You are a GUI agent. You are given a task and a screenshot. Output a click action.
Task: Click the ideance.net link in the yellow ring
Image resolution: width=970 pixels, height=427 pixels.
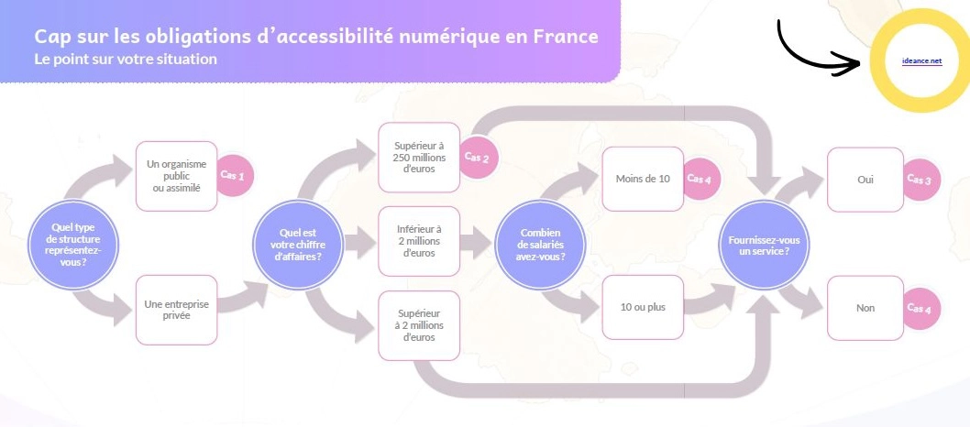[x=921, y=61]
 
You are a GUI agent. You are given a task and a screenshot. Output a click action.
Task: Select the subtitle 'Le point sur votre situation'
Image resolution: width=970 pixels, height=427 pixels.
[x=127, y=59]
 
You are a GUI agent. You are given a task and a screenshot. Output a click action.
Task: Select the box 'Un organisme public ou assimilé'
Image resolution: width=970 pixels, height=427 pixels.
[x=176, y=176]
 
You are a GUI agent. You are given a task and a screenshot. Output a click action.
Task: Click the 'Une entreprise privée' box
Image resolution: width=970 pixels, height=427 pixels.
[x=176, y=309]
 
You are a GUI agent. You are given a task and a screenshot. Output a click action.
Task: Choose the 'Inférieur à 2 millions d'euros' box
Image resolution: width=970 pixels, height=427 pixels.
[x=418, y=241]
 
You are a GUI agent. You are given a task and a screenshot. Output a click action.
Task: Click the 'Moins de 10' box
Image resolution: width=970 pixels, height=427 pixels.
[x=643, y=179]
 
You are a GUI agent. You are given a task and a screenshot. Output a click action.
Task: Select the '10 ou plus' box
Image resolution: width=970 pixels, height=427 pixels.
[x=643, y=307]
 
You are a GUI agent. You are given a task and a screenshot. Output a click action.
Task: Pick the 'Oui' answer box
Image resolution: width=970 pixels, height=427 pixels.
[x=865, y=180]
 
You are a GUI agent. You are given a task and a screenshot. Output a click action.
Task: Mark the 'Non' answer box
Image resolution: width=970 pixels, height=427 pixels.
[x=865, y=308]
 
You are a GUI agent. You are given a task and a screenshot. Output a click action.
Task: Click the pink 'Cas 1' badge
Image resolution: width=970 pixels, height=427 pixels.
[x=233, y=174]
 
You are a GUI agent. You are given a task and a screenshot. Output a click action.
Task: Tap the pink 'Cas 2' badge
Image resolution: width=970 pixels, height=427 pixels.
[x=477, y=158]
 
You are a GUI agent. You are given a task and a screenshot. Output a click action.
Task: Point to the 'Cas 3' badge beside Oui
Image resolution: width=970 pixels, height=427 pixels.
[x=919, y=181]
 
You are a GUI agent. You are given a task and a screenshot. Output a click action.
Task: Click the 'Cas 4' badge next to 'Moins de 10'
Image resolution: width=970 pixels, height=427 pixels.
[x=700, y=180]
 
